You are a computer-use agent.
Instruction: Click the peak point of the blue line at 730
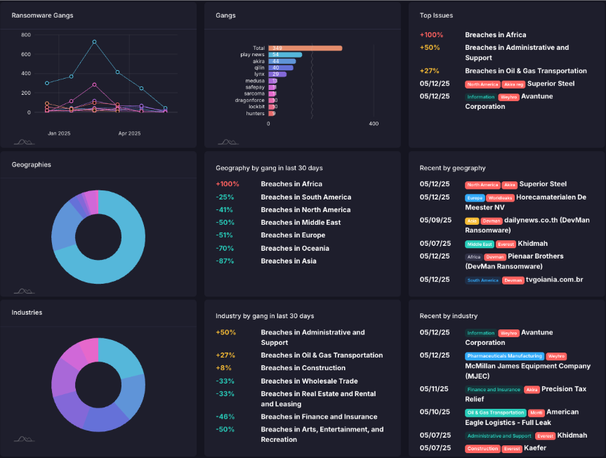(94, 41)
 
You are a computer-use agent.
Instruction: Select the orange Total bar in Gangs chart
(305, 48)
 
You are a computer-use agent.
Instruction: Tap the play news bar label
(252, 54)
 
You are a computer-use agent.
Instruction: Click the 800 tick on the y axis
(26, 34)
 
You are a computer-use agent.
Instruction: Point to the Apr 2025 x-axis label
(129, 133)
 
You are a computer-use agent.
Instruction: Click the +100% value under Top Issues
(431, 34)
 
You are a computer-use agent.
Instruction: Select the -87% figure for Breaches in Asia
(225, 261)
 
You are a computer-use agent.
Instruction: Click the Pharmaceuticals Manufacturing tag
(503, 356)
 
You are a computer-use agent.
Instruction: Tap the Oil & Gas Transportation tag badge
(496, 412)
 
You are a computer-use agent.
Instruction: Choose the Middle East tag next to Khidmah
(479, 244)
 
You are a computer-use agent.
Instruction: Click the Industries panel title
(27, 312)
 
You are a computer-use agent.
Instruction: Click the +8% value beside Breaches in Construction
(223, 367)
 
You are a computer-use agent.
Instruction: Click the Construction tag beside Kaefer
(482, 448)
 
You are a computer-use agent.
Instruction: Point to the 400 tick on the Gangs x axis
(373, 124)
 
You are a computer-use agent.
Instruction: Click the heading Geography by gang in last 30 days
(269, 168)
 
